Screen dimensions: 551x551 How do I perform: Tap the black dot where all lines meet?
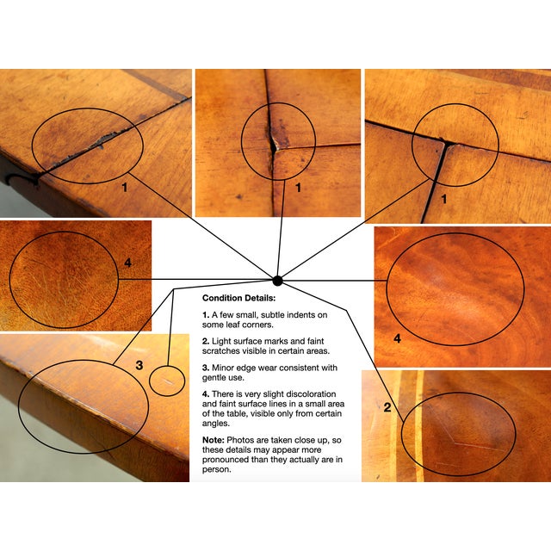(x=277, y=281)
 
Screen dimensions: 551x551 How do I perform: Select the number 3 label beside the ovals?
(x=139, y=366)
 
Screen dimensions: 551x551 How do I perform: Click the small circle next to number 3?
(x=168, y=380)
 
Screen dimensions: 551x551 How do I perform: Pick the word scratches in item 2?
(x=221, y=352)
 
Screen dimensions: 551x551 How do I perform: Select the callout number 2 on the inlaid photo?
(x=387, y=407)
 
